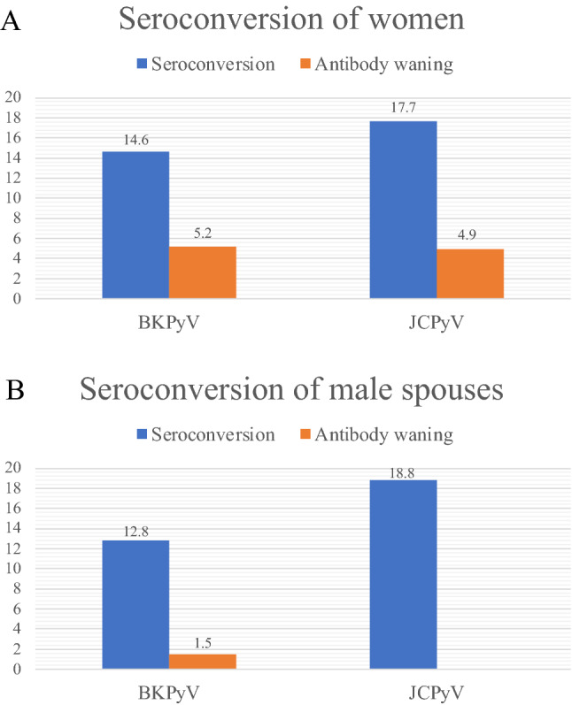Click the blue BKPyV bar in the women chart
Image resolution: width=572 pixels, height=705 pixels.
[x=135, y=225]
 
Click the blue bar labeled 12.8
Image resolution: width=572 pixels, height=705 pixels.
[x=135, y=605]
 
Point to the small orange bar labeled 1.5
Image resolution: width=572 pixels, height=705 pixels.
[x=203, y=662]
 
